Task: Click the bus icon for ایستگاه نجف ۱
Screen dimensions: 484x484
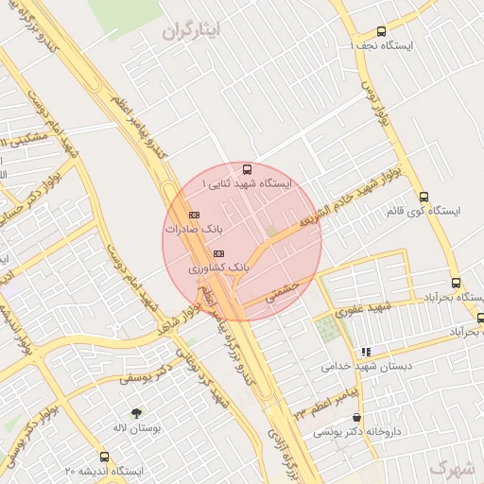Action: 381,31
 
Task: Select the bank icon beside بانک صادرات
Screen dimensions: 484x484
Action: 194,215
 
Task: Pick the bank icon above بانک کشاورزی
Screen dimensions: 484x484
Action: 219,253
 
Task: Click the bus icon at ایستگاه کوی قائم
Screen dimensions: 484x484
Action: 423,198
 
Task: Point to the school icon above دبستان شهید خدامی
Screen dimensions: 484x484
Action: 366,352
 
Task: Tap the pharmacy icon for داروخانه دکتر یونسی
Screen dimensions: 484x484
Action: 355,418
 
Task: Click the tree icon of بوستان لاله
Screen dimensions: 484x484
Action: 137,412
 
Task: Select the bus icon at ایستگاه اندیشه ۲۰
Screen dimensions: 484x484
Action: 104,457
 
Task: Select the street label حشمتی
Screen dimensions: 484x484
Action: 282,290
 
